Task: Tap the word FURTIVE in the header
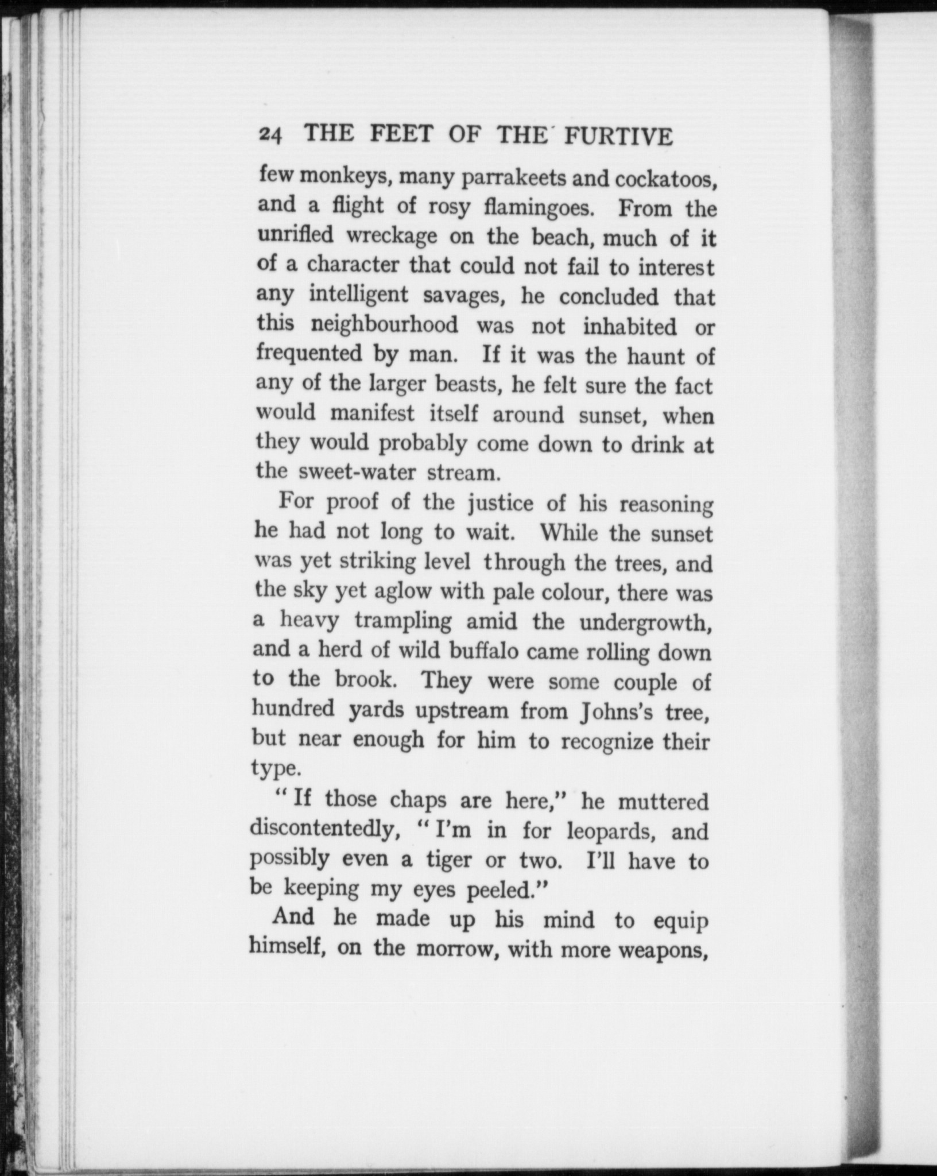pos(618,137)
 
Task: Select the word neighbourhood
pos(384,325)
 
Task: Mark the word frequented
pos(309,354)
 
